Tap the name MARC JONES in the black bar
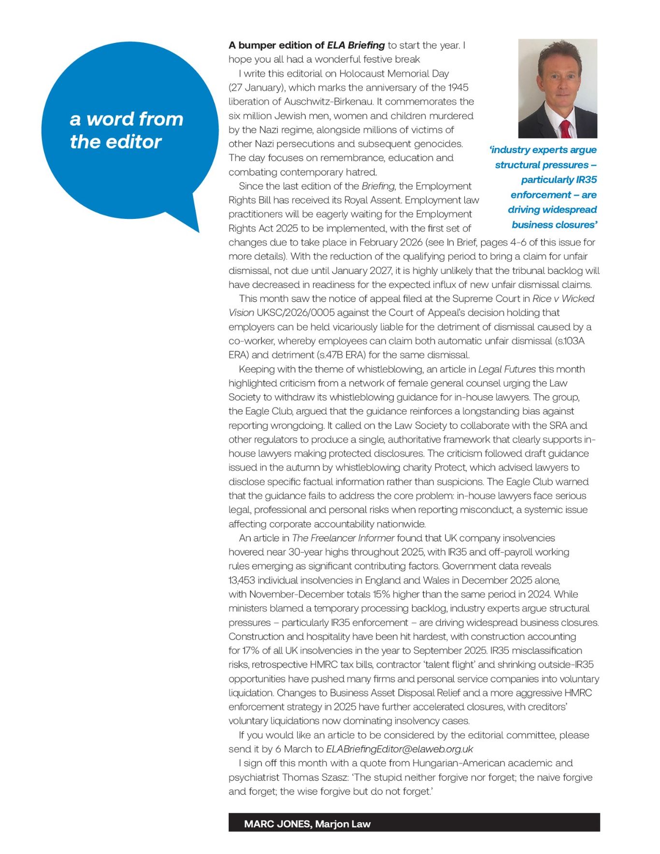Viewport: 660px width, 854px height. tap(277, 824)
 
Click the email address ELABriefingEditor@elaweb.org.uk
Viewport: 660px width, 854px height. tap(399, 749)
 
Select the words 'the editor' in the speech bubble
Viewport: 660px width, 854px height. tap(115, 142)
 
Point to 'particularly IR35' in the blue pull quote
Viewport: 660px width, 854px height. tap(559, 180)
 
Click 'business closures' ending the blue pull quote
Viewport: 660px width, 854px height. tap(554, 225)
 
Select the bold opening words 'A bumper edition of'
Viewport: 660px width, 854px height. tap(276, 45)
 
